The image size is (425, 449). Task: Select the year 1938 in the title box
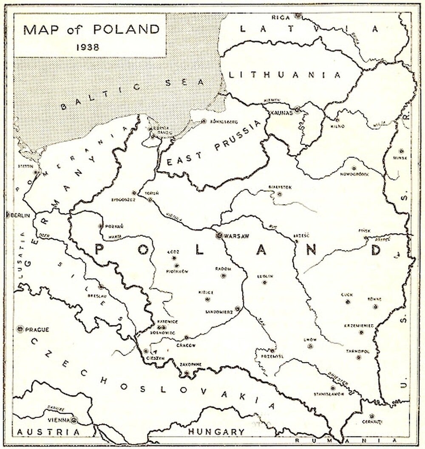tap(88, 47)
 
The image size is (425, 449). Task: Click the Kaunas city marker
tap(297, 110)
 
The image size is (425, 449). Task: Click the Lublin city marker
tap(264, 282)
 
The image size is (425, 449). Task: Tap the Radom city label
tap(223, 269)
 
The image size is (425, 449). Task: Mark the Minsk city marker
tap(401, 151)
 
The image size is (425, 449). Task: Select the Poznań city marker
tap(100, 226)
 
